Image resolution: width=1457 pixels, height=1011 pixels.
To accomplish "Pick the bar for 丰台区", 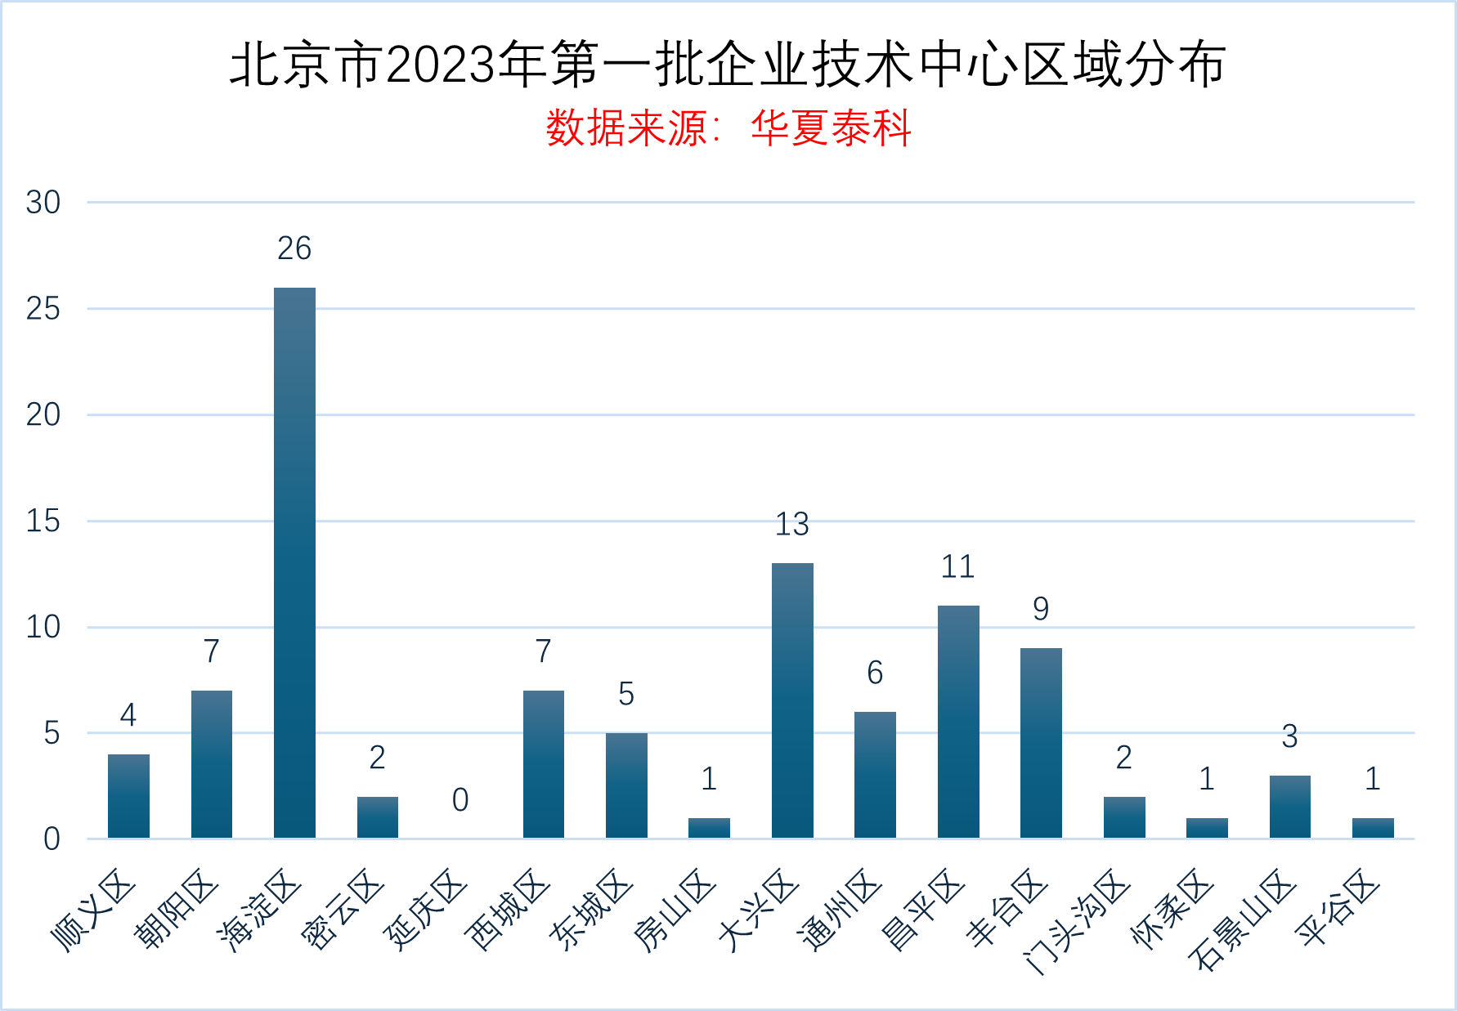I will tap(1041, 743).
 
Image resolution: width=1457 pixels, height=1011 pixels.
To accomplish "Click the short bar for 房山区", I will tap(709, 828).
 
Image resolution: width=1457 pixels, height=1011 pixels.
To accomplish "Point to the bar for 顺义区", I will tap(128, 796).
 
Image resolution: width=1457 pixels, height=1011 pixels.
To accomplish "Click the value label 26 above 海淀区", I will tap(294, 248).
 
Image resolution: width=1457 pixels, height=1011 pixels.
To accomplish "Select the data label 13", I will tap(792, 525).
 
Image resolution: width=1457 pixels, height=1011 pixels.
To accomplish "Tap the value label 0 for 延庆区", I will tap(460, 800).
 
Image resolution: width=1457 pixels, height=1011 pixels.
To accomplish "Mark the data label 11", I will tap(958, 567).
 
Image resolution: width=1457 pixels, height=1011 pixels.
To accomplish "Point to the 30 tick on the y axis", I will tap(43, 203).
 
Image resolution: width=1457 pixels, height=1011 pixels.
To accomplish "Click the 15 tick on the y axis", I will tap(43, 521).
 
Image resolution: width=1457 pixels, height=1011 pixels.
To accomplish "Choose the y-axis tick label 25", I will tap(43, 309).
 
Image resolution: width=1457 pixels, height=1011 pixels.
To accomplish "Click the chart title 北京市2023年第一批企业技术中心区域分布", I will tap(728, 65).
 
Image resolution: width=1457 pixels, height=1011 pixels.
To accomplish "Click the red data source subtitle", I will tap(728, 128).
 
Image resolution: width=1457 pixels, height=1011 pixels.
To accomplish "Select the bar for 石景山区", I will tap(1289, 807).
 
